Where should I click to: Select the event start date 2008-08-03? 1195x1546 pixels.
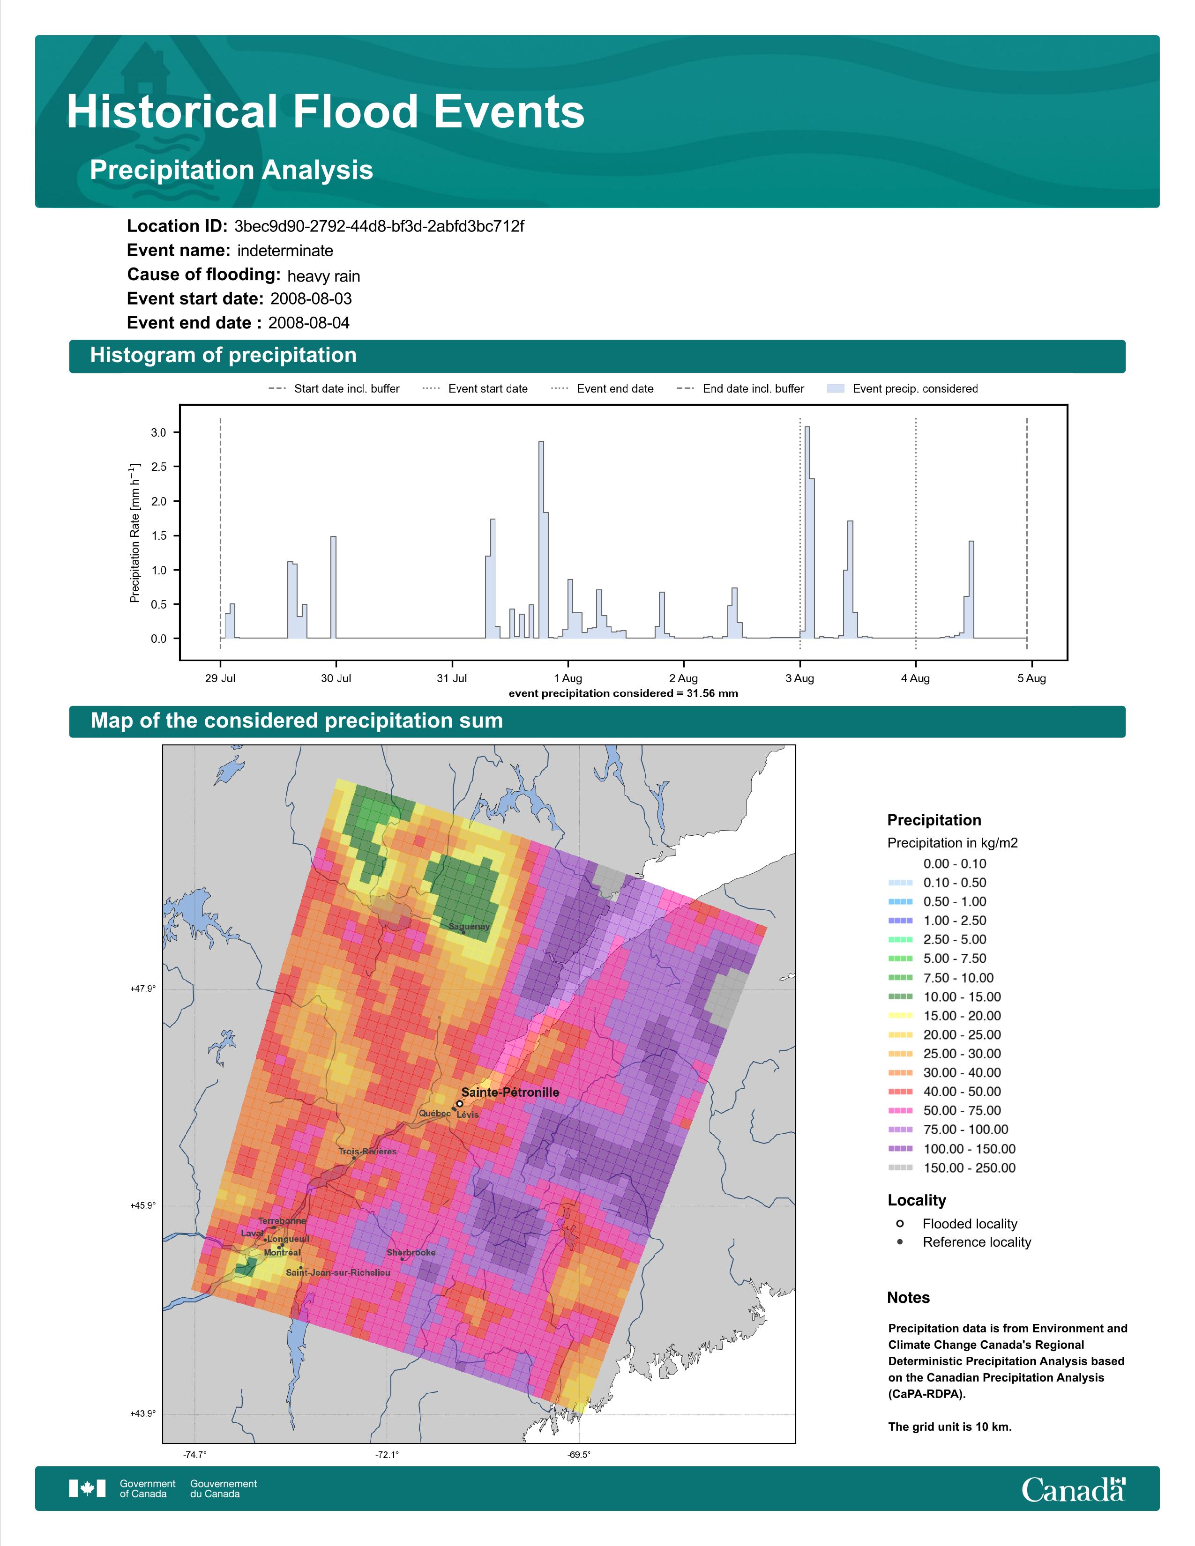(x=311, y=299)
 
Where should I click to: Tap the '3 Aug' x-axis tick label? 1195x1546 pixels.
(x=799, y=678)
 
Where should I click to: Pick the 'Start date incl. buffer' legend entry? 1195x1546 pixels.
(x=334, y=389)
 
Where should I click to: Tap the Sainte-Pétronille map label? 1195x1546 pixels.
(x=510, y=1092)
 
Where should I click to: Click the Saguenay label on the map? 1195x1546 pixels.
(x=469, y=926)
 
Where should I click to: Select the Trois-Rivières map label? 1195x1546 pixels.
(x=367, y=1151)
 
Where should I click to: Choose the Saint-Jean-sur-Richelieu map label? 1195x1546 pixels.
(x=338, y=1272)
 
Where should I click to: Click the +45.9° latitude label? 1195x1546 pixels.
(x=142, y=1205)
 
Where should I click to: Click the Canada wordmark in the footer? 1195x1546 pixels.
(x=1073, y=1489)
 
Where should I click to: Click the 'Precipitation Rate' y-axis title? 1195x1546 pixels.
(x=134, y=532)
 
